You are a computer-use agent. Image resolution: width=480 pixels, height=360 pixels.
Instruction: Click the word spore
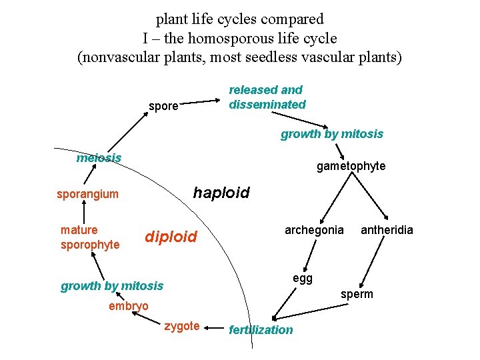[x=163, y=106]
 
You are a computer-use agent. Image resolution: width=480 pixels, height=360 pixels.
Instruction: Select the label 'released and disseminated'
[x=267, y=97]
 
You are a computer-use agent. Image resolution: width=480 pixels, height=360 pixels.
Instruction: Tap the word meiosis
[x=99, y=158]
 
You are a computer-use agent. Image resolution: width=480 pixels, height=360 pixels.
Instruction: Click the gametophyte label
[x=351, y=166]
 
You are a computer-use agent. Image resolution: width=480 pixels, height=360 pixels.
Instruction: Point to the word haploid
[x=221, y=193]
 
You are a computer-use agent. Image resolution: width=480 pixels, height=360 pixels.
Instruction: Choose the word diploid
[x=171, y=237]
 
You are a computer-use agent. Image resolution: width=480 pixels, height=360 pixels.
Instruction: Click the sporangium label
[x=87, y=195]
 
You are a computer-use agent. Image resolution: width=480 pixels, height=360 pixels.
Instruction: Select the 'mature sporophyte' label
[x=90, y=237]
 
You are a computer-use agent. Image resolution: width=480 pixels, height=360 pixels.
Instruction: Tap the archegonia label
[x=314, y=230]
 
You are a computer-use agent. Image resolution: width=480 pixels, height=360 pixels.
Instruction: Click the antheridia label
[x=387, y=230]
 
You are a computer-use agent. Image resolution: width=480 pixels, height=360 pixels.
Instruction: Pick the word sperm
[x=357, y=294]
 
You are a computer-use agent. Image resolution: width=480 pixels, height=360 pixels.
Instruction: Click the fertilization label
[x=260, y=329]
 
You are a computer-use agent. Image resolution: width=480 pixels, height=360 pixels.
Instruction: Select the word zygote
[x=181, y=326]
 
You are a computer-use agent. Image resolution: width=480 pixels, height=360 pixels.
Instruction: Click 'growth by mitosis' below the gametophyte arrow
[x=331, y=134]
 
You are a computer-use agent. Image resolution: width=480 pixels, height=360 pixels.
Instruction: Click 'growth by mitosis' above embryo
[x=112, y=286]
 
